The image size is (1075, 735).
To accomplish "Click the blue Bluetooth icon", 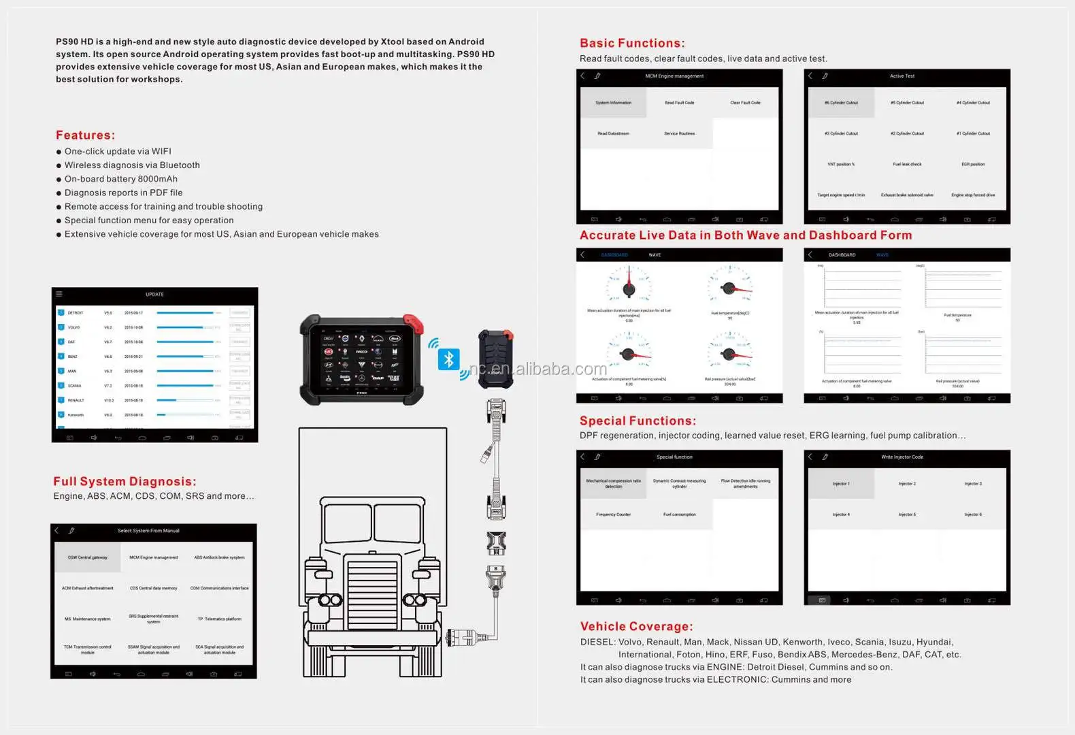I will click(x=448, y=359).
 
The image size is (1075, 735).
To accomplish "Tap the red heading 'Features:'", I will click(x=86, y=135).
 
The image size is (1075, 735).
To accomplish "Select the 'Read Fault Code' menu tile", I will click(x=679, y=103).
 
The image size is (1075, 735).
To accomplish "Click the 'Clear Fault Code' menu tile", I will click(x=745, y=103).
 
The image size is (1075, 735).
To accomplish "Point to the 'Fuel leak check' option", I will click(x=907, y=164).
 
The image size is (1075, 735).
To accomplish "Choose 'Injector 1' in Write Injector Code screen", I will click(x=841, y=484).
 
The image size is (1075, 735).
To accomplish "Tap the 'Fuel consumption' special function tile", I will click(x=679, y=514).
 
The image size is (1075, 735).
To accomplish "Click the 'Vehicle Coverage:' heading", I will click(x=636, y=627).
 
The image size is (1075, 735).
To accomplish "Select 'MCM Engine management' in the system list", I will click(x=154, y=557).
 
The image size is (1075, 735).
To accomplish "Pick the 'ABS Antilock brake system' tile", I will click(x=219, y=557).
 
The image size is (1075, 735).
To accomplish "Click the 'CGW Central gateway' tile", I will click(x=88, y=557).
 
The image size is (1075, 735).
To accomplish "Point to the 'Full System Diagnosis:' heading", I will click(x=125, y=482).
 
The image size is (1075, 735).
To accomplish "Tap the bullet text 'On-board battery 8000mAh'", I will click(x=120, y=179).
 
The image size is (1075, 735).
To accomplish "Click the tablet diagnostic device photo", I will click(x=362, y=359).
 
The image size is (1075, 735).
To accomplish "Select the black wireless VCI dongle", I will click(x=495, y=359).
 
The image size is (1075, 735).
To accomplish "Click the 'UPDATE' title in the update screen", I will click(x=154, y=295).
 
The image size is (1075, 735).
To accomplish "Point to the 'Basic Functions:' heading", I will click(x=632, y=44).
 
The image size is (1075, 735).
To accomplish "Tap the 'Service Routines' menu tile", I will click(x=679, y=133).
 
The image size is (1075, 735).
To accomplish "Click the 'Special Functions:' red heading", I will click(x=638, y=421).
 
